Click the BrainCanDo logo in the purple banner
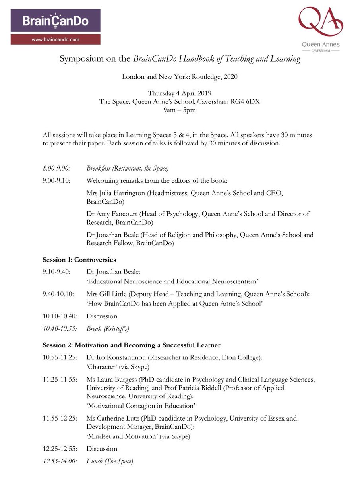55,22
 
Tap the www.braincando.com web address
55,39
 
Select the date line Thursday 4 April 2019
180,94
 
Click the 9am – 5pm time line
180,110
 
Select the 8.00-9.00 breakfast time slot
56,169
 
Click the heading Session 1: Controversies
79,260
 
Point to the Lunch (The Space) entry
110,461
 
